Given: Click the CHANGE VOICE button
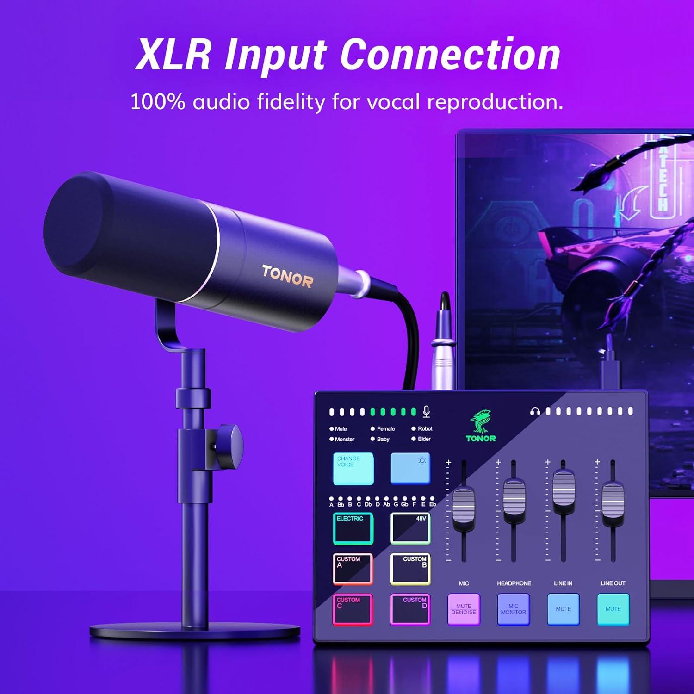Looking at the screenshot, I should point(353,468).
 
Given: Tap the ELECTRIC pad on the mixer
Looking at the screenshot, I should point(353,528).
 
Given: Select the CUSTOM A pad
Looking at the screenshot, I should point(353,569).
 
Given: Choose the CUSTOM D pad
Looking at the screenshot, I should point(410,609).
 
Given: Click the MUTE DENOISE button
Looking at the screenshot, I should point(464,609).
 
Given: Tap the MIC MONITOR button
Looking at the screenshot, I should point(513,609).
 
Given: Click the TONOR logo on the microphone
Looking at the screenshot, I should point(287,276).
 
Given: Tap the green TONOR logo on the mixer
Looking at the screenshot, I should point(481,427).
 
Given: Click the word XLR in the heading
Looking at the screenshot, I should point(173,55).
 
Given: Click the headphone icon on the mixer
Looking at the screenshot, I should point(535,411).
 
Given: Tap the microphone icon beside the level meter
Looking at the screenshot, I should point(427,411).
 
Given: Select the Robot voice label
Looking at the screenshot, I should point(425,429).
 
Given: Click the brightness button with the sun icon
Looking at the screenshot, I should point(410,468).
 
